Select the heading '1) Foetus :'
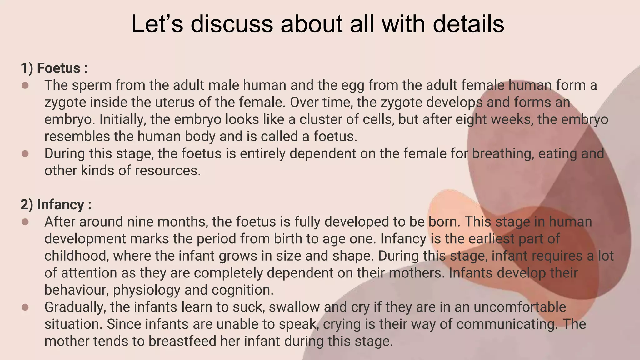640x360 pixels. click(54, 68)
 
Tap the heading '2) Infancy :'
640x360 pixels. click(56, 205)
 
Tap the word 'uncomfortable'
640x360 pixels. click(520, 307)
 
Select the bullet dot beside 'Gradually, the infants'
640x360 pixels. click(25, 307)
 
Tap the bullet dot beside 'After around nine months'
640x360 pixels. click(25, 222)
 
